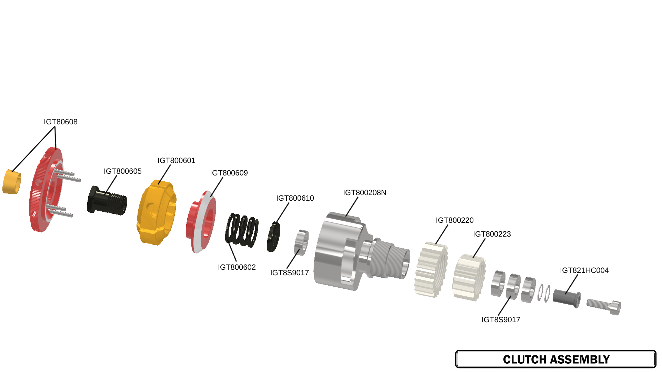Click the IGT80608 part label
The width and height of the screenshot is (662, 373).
pos(60,122)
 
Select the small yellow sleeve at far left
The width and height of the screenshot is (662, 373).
pos(11,182)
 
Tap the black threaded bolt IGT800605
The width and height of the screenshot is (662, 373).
pos(107,201)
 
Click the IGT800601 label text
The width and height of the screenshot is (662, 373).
pos(176,161)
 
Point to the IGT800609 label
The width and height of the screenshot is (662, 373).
pos(229,173)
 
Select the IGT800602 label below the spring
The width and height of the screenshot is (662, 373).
pos(237,267)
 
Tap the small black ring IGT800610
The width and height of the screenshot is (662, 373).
pos(273,237)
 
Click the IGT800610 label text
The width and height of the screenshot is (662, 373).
pos(295,198)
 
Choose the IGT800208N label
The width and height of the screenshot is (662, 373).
pos(364,193)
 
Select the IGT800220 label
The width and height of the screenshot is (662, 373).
pos(454,220)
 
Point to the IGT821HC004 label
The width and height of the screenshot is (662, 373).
pos(584,270)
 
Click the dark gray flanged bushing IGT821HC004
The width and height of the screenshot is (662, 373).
pos(566,297)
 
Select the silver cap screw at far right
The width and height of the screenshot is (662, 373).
pos(604,305)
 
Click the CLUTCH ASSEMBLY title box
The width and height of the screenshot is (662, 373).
pos(555,359)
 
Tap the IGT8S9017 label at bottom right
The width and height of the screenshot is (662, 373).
pos(501,320)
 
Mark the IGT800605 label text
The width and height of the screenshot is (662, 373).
pos(122,171)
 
